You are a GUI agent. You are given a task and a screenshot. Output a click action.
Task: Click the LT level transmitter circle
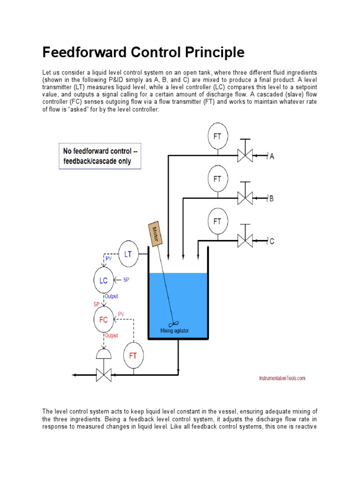pos(127,254)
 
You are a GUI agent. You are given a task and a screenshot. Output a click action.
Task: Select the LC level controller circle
pos(104,281)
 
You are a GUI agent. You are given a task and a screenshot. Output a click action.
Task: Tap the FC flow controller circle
pos(104,320)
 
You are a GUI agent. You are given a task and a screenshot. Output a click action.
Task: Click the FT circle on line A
pos(217,136)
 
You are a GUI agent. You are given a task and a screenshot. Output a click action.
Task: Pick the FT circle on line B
pos(217,179)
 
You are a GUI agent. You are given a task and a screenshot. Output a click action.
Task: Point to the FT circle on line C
pos(217,221)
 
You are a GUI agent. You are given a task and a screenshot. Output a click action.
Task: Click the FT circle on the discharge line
pos(133,356)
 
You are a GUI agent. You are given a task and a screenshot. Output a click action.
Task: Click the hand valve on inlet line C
pos(245,241)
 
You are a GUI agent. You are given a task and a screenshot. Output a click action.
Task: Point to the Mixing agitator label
pos(174,330)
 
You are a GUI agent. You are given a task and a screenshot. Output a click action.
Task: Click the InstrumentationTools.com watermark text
pos(282,378)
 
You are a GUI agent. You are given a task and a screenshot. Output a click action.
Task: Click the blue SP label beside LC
pos(126,280)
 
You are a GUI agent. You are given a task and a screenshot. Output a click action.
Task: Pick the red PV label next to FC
pos(121,314)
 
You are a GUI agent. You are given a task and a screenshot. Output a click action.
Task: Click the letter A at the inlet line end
pos(272,157)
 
